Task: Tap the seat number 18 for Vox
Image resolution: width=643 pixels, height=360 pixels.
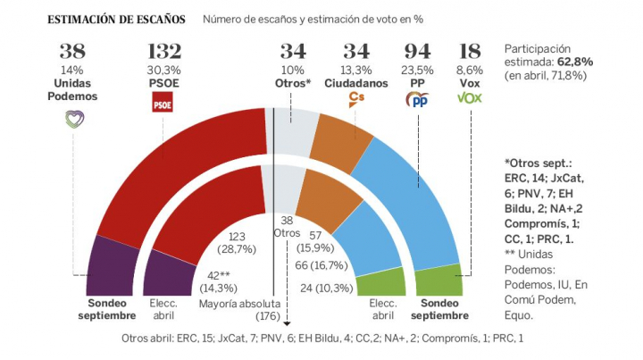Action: point(468,54)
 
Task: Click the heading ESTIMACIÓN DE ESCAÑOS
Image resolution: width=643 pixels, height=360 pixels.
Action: point(117,20)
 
